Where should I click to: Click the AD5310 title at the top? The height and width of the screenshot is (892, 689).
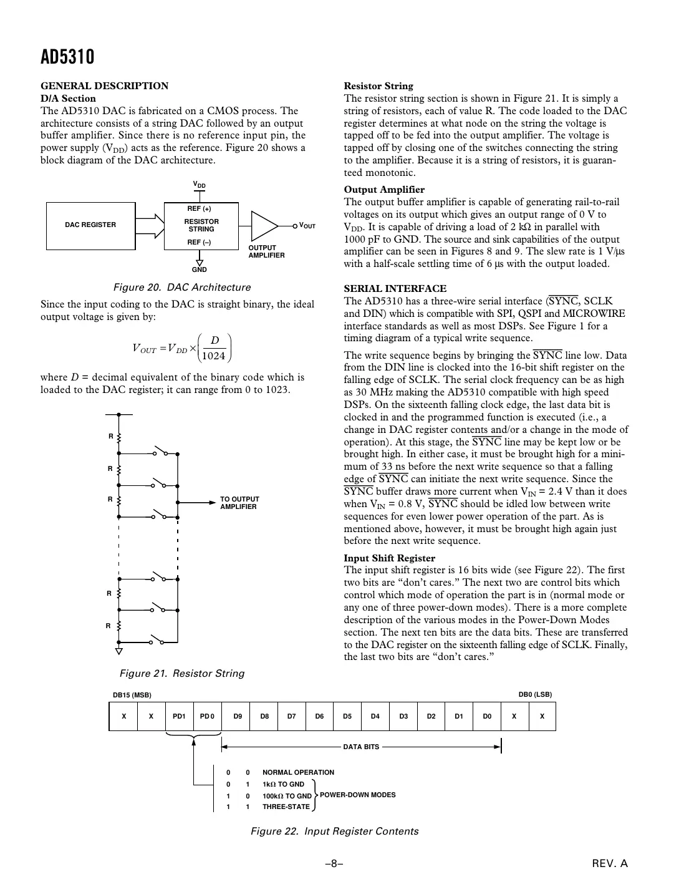[x=67, y=57]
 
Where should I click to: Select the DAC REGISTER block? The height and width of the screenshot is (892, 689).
[x=90, y=225]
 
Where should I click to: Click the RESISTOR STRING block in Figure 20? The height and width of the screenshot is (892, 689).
[x=201, y=225]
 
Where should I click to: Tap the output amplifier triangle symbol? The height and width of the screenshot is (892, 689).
[x=264, y=225]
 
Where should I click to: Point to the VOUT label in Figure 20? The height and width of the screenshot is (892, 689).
[x=307, y=225]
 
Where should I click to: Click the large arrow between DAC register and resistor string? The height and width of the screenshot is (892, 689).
[x=150, y=225]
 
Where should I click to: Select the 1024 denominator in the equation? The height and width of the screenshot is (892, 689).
[x=214, y=356]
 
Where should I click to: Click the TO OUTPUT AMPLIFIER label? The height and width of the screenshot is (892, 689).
[x=239, y=503]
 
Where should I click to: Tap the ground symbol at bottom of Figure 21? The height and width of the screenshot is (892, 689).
[x=118, y=652]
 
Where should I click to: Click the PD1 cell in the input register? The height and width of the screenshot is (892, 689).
[x=179, y=716]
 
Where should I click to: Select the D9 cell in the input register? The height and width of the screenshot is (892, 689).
[x=238, y=716]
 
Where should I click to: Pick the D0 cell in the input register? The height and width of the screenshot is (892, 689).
[x=487, y=716]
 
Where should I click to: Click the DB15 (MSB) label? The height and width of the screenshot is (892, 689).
[x=132, y=695]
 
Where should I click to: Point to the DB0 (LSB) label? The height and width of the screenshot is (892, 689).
[x=535, y=694]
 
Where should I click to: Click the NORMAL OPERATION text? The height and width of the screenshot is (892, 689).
[x=298, y=772]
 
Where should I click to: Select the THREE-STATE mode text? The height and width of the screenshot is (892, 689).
[x=286, y=807]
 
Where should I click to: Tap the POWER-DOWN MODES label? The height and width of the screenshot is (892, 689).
[x=357, y=795]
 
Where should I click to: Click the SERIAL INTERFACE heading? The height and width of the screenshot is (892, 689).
[x=395, y=288]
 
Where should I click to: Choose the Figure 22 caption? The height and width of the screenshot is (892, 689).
[x=334, y=831]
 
